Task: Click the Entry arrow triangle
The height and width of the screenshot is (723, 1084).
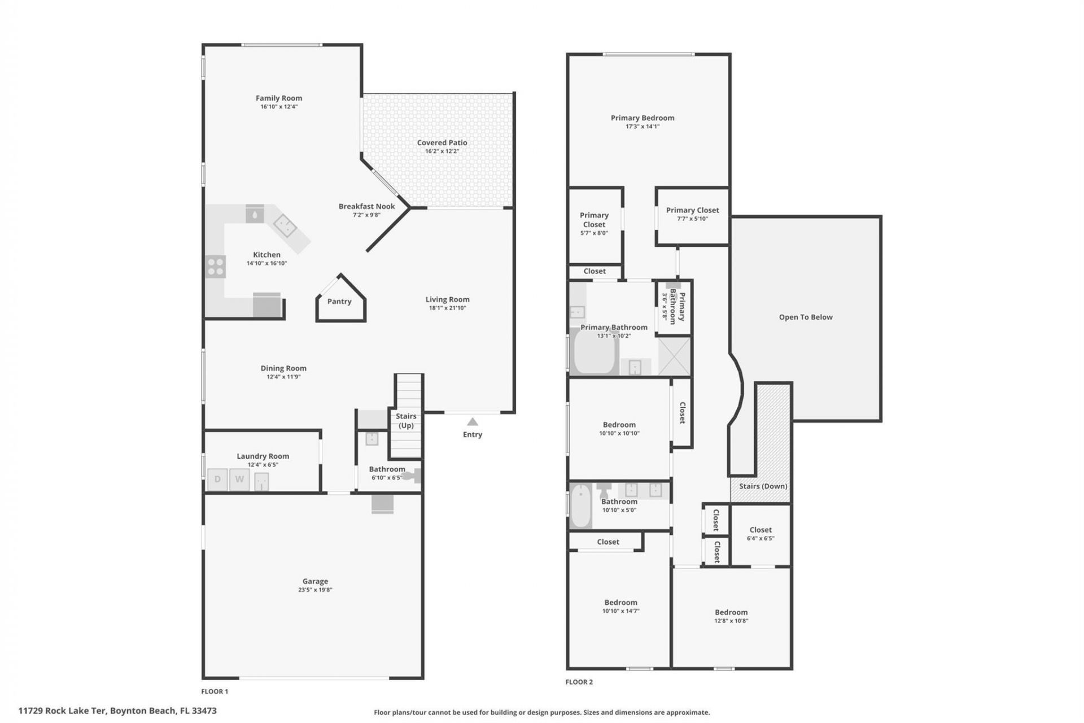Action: pyautogui.click(x=473, y=422)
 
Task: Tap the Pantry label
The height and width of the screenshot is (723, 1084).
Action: pyautogui.click(x=339, y=302)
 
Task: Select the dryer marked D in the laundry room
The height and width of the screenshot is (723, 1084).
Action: pyautogui.click(x=217, y=480)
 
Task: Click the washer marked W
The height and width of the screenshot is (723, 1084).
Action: pyautogui.click(x=239, y=480)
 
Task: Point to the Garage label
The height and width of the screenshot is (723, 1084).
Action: pyautogui.click(x=315, y=581)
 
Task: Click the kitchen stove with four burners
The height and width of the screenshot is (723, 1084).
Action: pyautogui.click(x=215, y=267)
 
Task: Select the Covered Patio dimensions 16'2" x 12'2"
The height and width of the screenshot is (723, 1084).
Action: pyautogui.click(x=442, y=151)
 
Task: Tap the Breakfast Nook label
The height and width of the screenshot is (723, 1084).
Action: pyautogui.click(x=367, y=206)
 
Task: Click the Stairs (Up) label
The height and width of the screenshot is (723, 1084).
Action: pyautogui.click(x=406, y=421)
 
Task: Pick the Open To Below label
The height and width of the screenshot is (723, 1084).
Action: pyautogui.click(x=806, y=317)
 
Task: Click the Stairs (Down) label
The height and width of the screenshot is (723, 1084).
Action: pyautogui.click(x=763, y=486)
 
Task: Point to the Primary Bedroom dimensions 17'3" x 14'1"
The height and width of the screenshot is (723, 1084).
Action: pyautogui.click(x=642, y=127)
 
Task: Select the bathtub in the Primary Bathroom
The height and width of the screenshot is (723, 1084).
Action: pyautogui.click(x=593, y=352)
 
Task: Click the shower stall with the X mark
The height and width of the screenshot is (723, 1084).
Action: pyautogui.click(x=675, y=356)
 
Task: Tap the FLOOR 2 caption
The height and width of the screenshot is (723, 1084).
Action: pyautogui.click(x=579, y=682)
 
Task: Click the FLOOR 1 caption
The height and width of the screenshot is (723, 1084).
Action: pyautogui.click(x=215, y=691)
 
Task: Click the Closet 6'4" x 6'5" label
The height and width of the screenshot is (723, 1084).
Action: pyautogui.click(x=760, y=534)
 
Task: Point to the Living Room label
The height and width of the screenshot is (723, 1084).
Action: pyautogui.click(x=447, y=300)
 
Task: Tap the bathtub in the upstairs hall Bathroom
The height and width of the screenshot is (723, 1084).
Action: pyautogui.click(x=580, y=507)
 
